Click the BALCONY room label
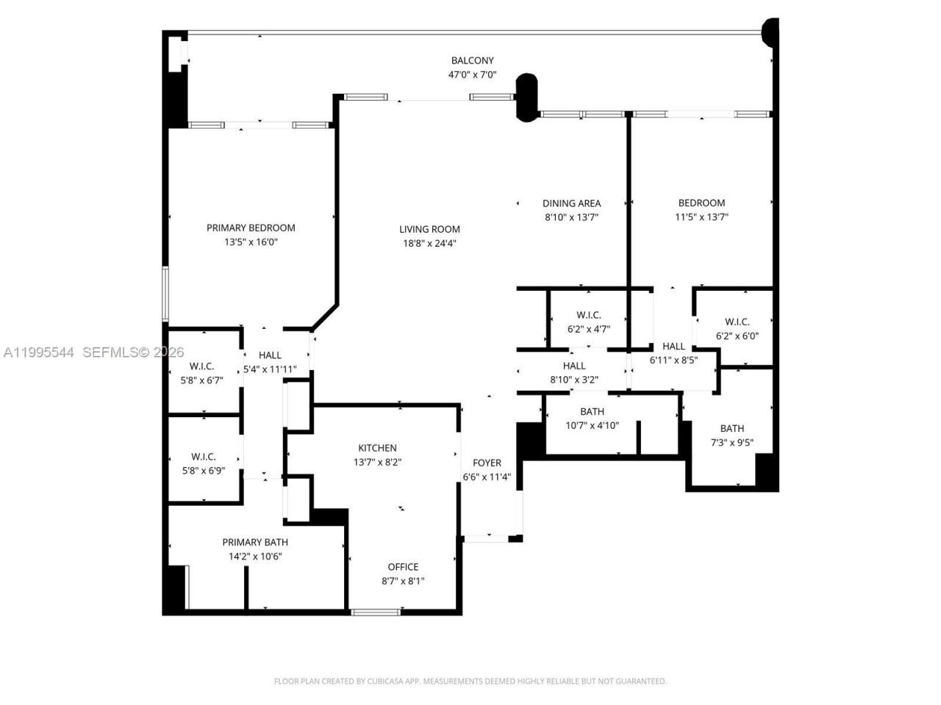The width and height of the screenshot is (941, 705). (472, 61)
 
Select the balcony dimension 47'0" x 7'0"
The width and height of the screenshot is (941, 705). (472, 75)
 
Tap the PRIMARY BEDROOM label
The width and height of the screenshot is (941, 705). (251, 228)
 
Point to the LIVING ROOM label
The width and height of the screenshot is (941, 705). (429, 229)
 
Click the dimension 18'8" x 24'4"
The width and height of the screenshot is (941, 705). (429, 243)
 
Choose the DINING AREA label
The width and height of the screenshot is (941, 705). (571, 203)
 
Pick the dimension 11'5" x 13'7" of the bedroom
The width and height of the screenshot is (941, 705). (701, 217)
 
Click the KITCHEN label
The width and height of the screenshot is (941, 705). (377, 448)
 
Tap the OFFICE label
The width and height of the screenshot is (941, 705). (403, 567)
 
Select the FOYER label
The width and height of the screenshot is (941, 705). (487, 463)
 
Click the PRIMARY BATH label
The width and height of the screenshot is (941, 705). (255, 542)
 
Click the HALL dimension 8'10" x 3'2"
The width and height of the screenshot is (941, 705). (574, 380)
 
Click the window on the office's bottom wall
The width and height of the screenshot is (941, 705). (376, 612)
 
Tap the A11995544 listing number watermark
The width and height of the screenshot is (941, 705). (38, 353)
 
